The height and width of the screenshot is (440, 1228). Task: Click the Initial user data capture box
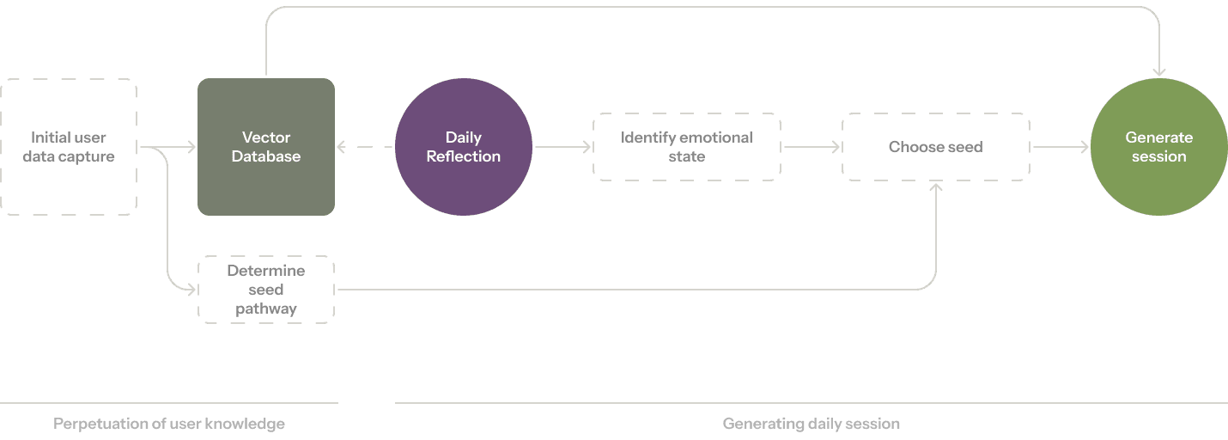pos(69,147)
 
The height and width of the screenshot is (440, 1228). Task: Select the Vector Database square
pos(266,147)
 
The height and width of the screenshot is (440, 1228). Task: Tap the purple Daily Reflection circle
pos(464,147)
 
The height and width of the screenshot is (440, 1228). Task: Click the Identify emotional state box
pos(687,147)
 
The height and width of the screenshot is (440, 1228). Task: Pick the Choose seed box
pos(936,147)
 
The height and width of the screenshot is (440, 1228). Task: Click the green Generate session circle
pos(1159,147)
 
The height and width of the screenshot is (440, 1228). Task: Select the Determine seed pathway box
pos(266,290)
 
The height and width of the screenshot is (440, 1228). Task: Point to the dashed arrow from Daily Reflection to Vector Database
pos(365,147)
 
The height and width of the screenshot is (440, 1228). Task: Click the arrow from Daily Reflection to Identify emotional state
pos(562,147)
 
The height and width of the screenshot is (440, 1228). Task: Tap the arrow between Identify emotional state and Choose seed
pos(812,147)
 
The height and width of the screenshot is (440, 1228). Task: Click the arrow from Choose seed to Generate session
pos(1061,147)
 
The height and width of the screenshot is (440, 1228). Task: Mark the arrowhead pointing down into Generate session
pos(1159,72)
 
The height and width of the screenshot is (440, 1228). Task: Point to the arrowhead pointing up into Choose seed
pos(936,186)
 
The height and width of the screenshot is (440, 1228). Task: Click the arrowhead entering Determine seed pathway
pos(191,290)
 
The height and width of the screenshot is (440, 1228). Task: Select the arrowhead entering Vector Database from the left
pos(191,147)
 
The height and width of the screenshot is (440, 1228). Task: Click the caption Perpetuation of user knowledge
pos(169,424)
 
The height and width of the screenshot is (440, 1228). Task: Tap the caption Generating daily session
pos(812,424)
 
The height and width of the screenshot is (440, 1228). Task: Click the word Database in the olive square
pos(266,156)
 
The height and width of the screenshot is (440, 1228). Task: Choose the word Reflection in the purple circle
pos(464,156)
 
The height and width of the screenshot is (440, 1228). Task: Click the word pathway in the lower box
pos(266,309)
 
